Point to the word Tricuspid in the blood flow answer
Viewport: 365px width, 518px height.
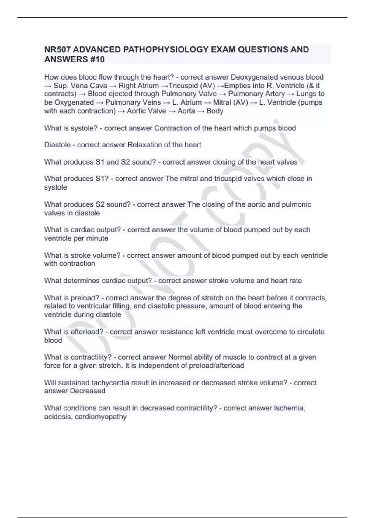pyautogui.click(x=183, y=86)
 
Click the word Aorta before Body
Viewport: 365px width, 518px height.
pyautogui.click(x=186, y=111)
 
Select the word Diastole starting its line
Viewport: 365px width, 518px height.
pyautogui.click(x=57, y=145)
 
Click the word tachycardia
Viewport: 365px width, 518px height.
pyautogui.click(x=111, y=383)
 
